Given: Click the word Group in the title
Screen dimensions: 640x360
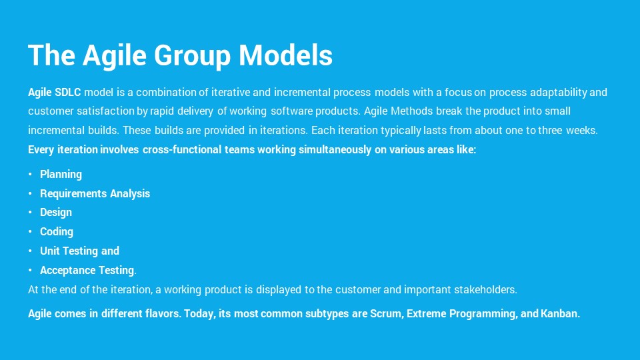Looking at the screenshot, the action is (192, 56).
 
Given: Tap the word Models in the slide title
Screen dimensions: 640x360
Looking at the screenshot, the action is (285, 55).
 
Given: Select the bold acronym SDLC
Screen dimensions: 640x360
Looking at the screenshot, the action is (68, 92).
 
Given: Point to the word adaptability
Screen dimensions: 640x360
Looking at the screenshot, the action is (559, 93).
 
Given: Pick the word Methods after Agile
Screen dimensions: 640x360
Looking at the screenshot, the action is (411, 111).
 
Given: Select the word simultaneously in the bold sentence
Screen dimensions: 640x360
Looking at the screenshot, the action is (335, 150).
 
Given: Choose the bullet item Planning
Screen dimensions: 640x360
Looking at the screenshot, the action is (61, 175).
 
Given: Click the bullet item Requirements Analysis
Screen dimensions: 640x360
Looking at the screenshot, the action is (95, 193).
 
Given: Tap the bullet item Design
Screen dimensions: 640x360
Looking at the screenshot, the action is (56, 213).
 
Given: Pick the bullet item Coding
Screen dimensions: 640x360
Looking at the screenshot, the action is (57, 232).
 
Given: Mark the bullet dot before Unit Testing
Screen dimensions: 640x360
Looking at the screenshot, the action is (30, 251).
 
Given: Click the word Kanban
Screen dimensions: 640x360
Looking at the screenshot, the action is (560, 313).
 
